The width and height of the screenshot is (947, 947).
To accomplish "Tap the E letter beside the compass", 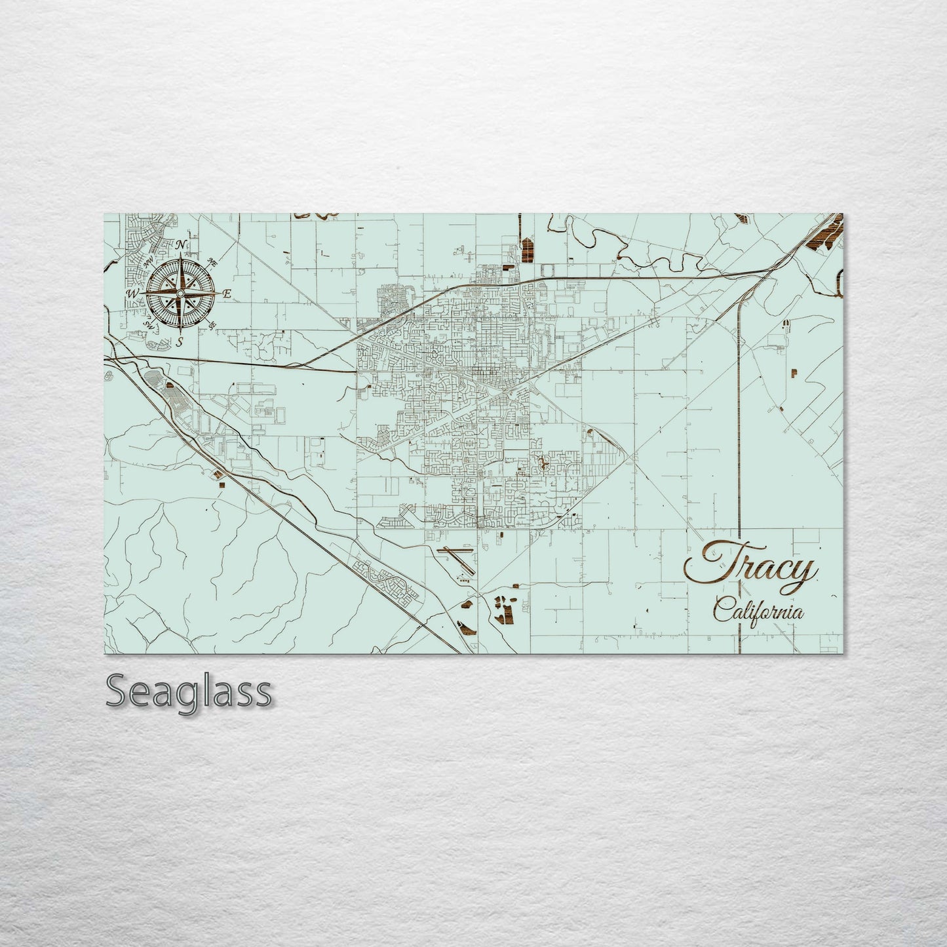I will (x=227, y=294).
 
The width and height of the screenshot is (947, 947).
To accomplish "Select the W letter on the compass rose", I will (x=132, y=294).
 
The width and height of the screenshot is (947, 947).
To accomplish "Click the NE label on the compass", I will (x=212, y=262).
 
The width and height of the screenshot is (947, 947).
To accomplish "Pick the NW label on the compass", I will (x=149, y=261).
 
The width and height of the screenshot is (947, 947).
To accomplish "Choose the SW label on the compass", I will (x=148, y=325).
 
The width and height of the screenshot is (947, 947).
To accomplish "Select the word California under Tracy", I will (x=758, y=612).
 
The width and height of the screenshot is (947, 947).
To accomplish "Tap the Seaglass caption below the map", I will (x=188, y=691).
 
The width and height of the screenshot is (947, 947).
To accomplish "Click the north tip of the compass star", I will (x=180, y=254).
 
